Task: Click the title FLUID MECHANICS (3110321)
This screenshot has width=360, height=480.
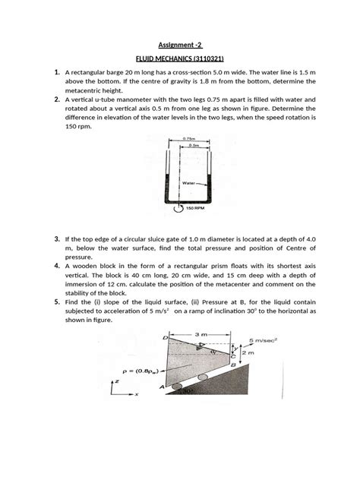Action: click(179, 58)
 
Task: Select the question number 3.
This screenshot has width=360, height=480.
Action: click(57, 240)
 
